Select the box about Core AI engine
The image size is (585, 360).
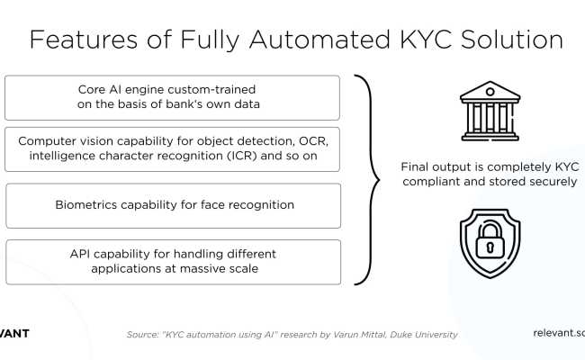[x=173, y=98]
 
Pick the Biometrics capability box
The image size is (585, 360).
[x=173, y=205]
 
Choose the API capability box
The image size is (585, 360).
[x=173, y=260]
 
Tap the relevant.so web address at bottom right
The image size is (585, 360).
[x=559, y=333]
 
